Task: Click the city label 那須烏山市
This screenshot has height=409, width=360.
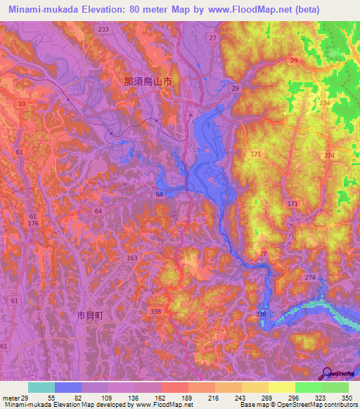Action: pos(148,82)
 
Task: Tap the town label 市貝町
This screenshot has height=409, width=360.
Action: pos(89,316)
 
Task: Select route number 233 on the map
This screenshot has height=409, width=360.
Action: pos(103,29)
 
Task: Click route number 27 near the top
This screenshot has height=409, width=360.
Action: pos(212,37)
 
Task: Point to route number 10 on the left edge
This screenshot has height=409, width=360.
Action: pos(23,104)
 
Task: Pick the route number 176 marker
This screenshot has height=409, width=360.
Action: pos(33,223)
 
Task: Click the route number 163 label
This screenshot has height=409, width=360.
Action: pos(132,258)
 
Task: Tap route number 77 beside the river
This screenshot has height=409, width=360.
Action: pos(264,253)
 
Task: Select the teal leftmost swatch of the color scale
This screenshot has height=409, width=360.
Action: pos(41,387)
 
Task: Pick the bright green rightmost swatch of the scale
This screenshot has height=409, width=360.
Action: pos(335,387)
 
